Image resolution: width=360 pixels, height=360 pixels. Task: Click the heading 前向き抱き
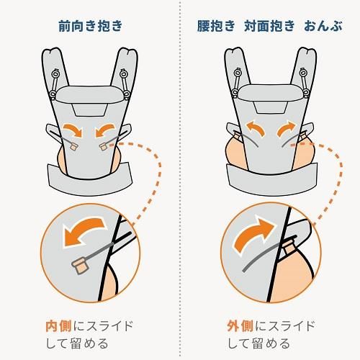(91, 26)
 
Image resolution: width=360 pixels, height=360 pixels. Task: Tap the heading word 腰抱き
(216, 26)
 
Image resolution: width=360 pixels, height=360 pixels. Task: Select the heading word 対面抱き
(269, 26)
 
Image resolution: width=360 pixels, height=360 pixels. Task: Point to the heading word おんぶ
(323, 26)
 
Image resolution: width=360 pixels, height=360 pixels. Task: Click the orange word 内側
(59, 326)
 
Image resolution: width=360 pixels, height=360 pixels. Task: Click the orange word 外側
(240, 326)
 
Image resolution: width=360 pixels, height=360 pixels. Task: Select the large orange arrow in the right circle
(253, 233)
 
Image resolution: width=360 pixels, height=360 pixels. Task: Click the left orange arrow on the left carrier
(73, 130)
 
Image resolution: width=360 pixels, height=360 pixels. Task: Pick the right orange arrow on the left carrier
(105, 130)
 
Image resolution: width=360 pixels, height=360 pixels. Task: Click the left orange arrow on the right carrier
(256, 127)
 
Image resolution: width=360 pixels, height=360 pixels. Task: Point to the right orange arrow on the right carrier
(287, 127)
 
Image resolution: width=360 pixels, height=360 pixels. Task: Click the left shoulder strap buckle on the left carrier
(54, 84)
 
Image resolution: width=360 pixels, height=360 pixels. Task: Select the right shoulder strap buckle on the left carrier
(125, 84)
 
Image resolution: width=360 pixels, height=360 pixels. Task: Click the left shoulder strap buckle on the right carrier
(237, 83)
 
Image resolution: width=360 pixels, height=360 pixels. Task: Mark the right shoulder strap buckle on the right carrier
(305, 83)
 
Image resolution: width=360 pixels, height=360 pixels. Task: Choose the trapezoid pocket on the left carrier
(90, 109)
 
